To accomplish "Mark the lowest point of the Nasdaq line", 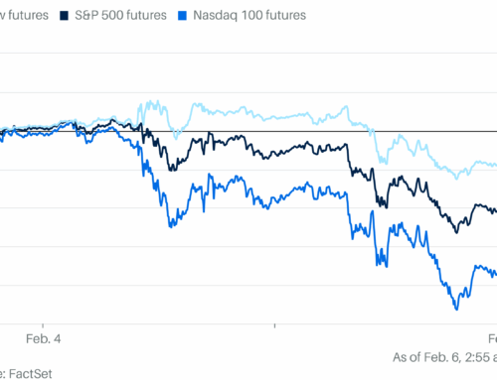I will pyautogui.click(x=456, y=307).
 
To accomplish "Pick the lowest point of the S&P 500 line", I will pyautogui.click(x=456, y=231).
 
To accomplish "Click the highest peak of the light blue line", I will pyautogui.click(x=150, y=101).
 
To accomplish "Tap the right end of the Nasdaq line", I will pyautogui.click(x=495, y=272).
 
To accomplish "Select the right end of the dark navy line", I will pyautogui.click(x=495, y=209).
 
